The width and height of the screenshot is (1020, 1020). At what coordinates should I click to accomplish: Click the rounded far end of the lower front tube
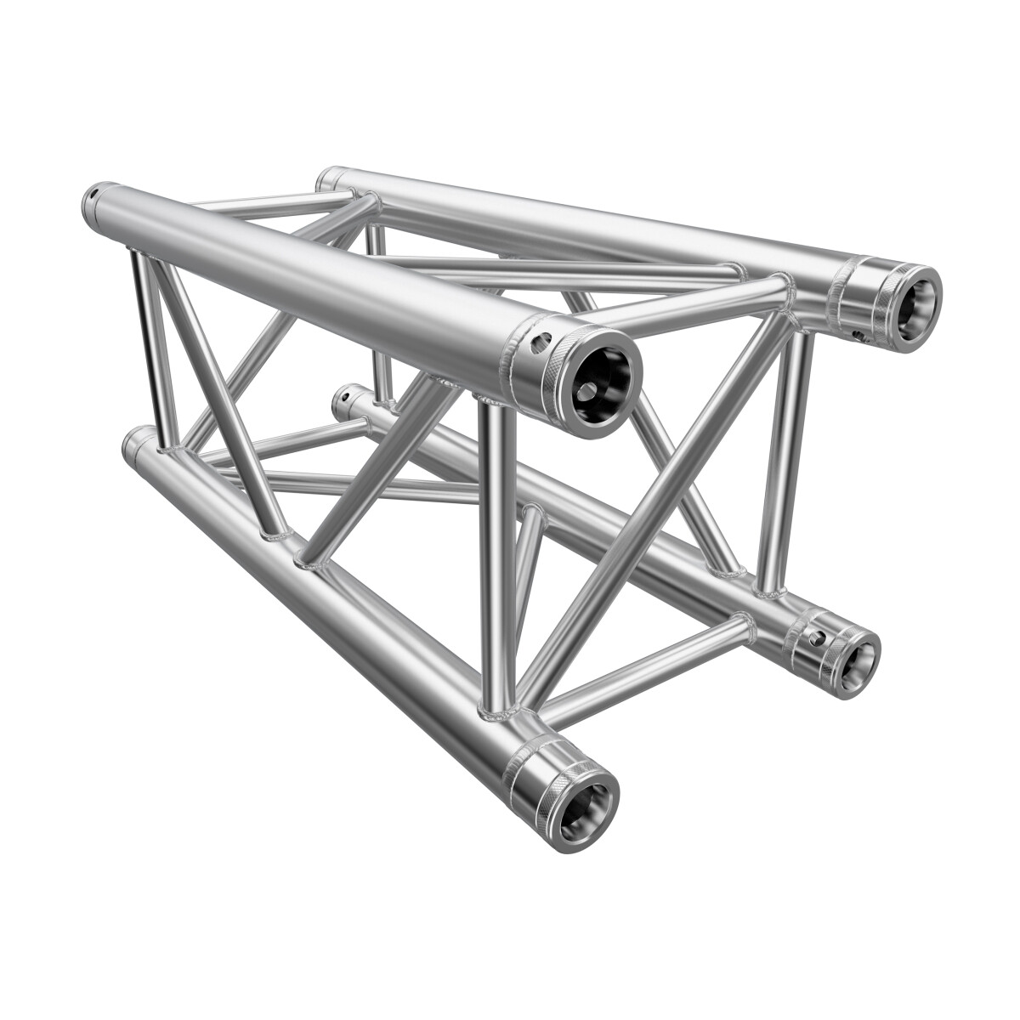pos(133,443)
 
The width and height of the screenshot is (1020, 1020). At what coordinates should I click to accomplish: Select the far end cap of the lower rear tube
pos(344,395)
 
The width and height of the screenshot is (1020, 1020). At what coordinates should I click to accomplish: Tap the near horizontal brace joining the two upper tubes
pos(697,303)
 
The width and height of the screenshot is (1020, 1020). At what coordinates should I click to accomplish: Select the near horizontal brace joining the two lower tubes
pos(646,667)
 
